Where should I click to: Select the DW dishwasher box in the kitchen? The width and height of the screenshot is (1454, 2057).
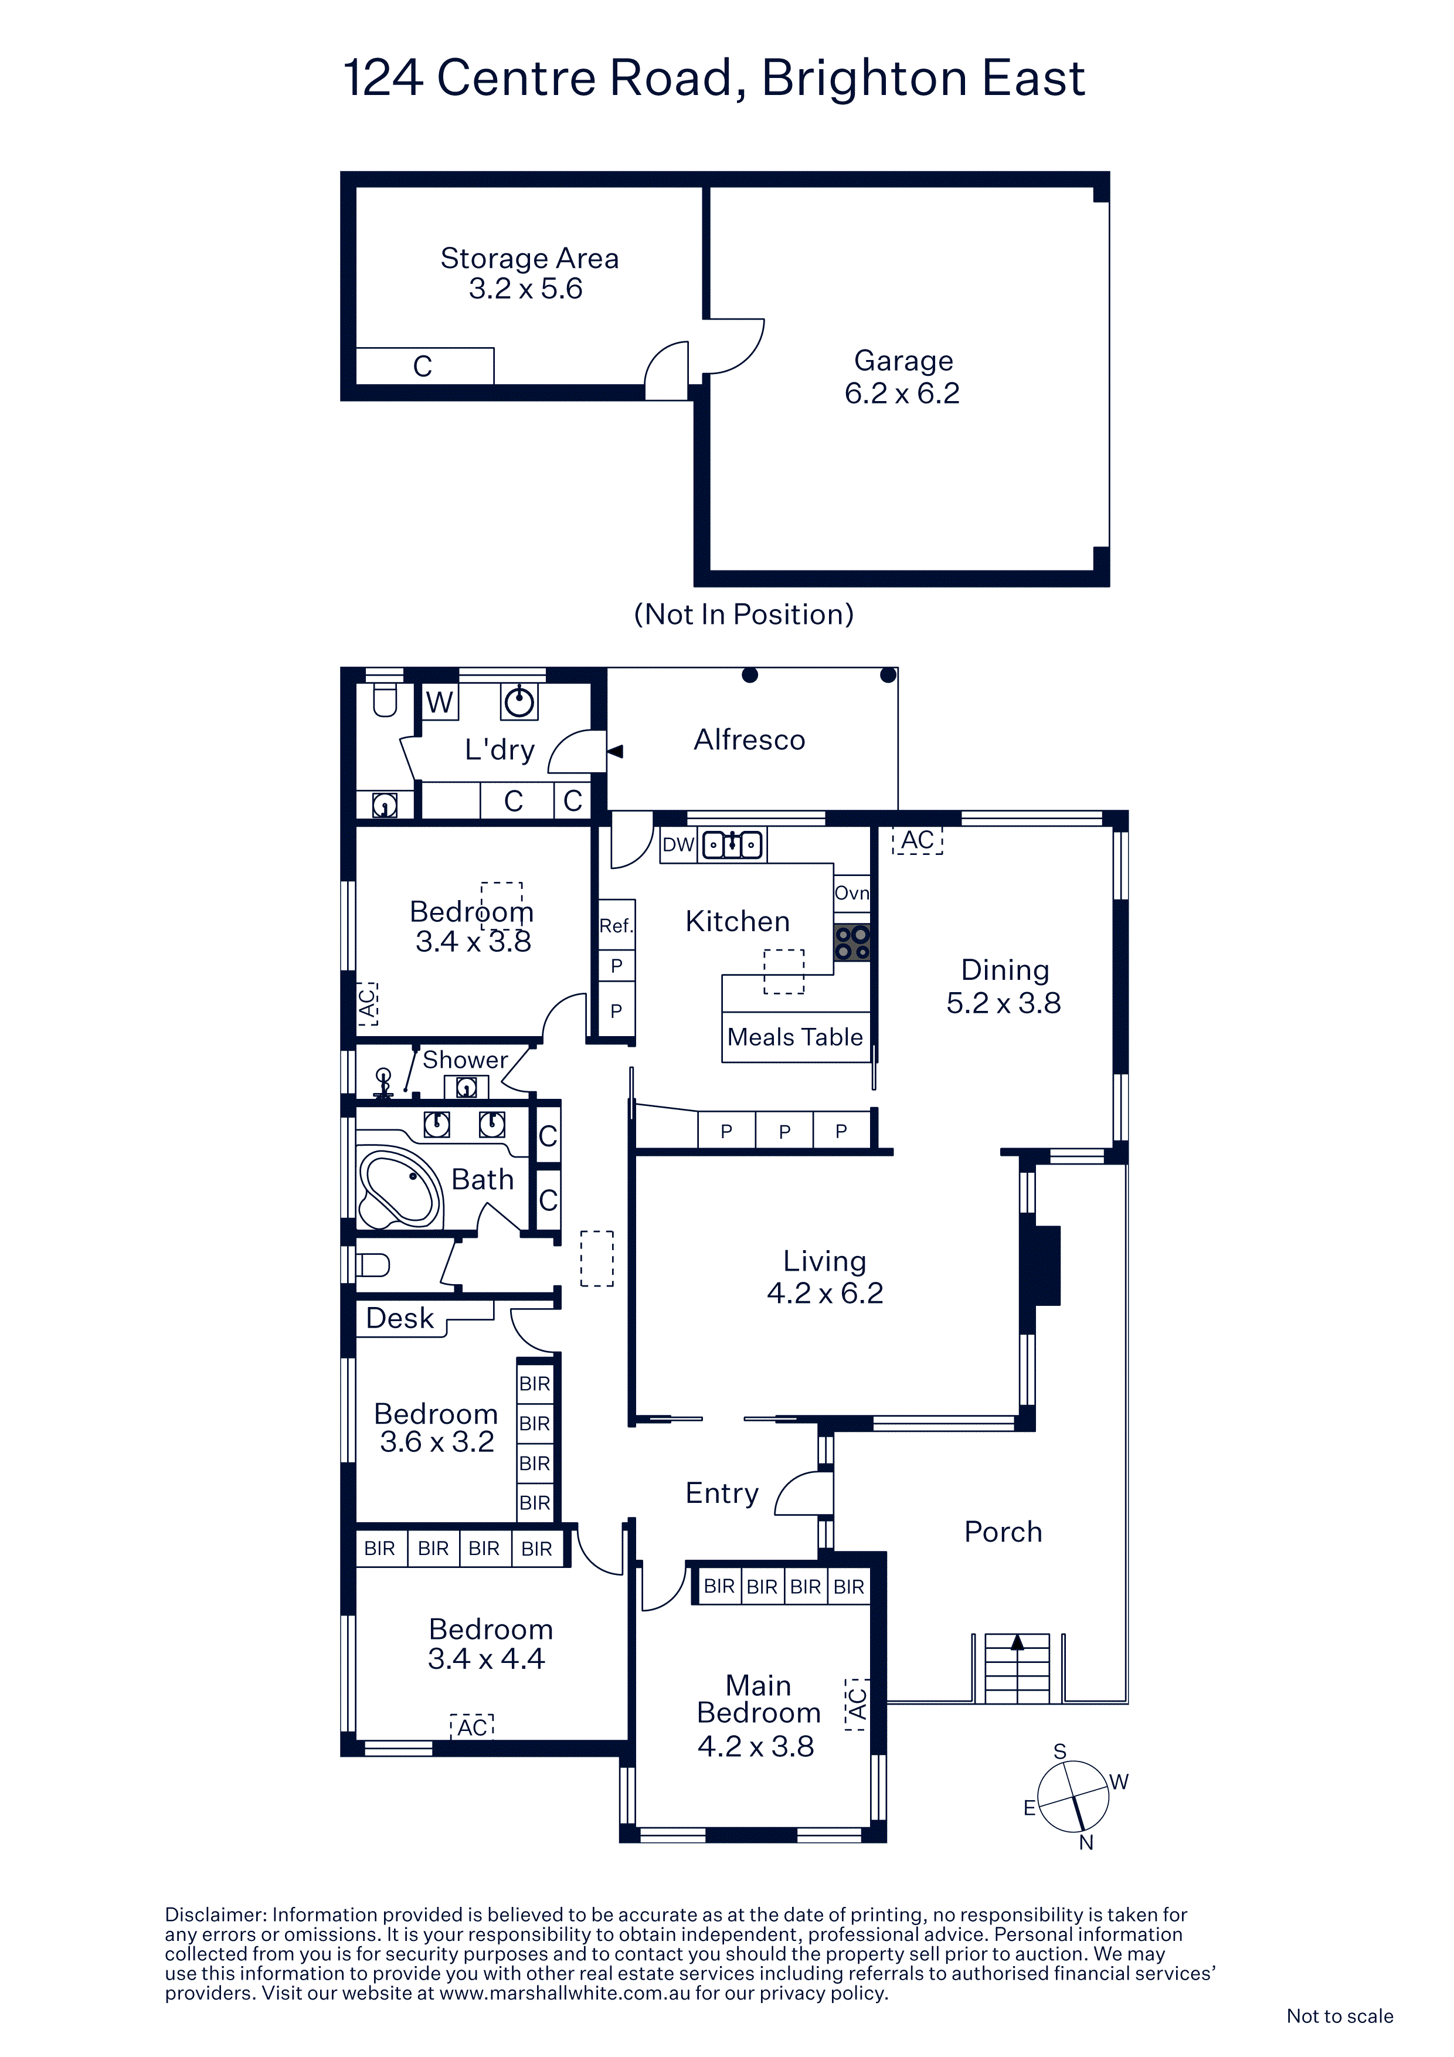[x=678, y=844]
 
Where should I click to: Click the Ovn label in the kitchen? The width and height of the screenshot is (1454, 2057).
[x=852, y=892]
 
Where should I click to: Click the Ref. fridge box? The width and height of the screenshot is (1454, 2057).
[x=616, y=925]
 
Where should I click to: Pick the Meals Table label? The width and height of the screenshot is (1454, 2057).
[x=794, y=1037]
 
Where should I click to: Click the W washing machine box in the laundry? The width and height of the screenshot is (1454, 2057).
[x=439, y=701]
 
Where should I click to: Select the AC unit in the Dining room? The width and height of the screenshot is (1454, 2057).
[x=918, y=840]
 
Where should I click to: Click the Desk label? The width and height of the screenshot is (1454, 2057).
[x=400, y=1318]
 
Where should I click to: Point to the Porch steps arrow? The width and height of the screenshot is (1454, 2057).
[x=1017, y=1641]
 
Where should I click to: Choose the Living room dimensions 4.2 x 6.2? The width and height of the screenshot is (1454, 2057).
[x=825, y=1293]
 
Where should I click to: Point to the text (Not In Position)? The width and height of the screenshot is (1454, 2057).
[x=743, y=615]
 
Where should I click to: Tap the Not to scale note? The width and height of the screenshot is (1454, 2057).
[x=1339, y=2016]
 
